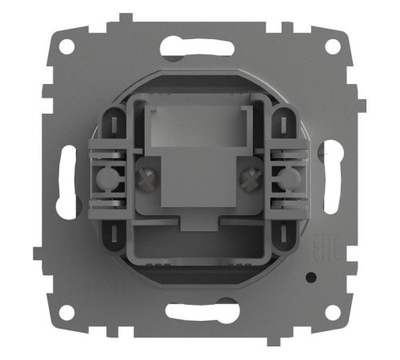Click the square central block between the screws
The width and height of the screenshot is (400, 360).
(198, 184)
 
